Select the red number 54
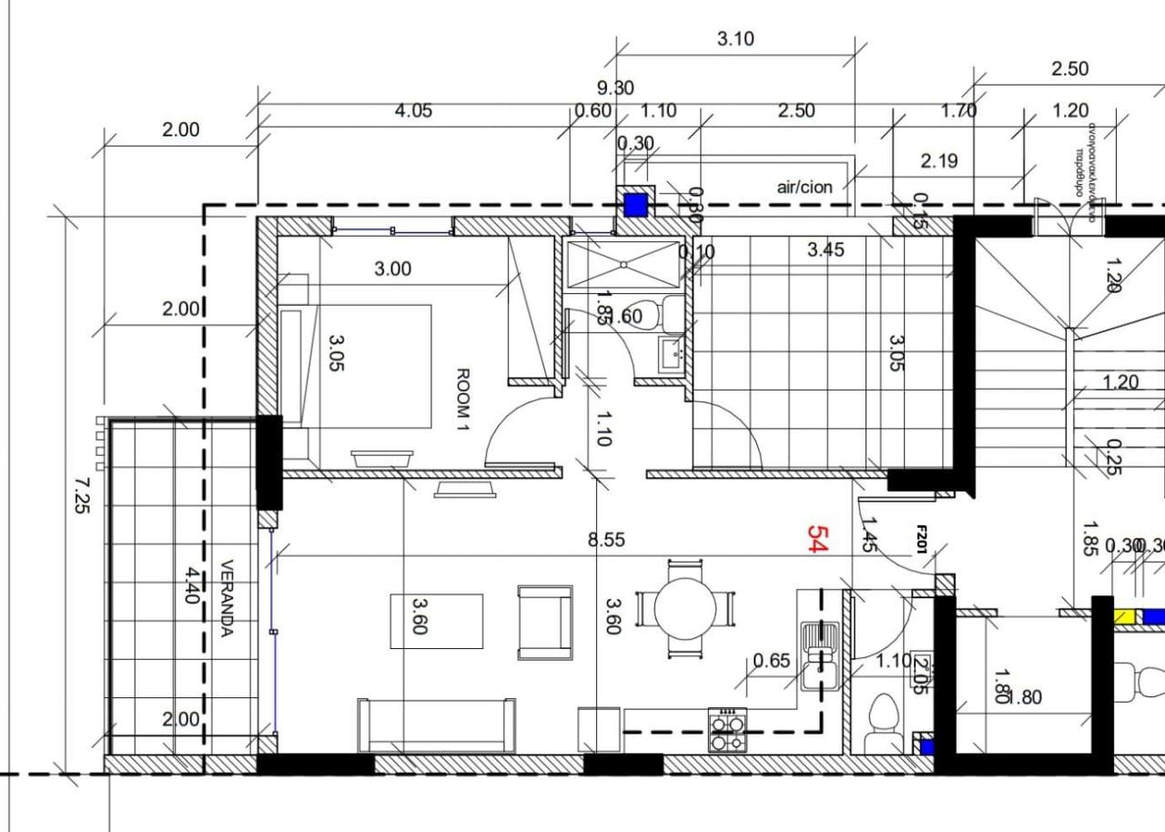point(816,539)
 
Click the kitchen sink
point(821,654)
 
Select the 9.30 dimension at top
point(615,88)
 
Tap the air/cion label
point(804,188)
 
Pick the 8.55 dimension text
point(606,540)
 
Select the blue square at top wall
point(634,205)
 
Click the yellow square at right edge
point(1126,616)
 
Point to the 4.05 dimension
point(412,111)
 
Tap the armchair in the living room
point(544,623)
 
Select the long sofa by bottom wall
point(437,725)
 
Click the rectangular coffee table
point(437,621)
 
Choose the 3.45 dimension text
point(826,249)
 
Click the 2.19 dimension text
point(938,161)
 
